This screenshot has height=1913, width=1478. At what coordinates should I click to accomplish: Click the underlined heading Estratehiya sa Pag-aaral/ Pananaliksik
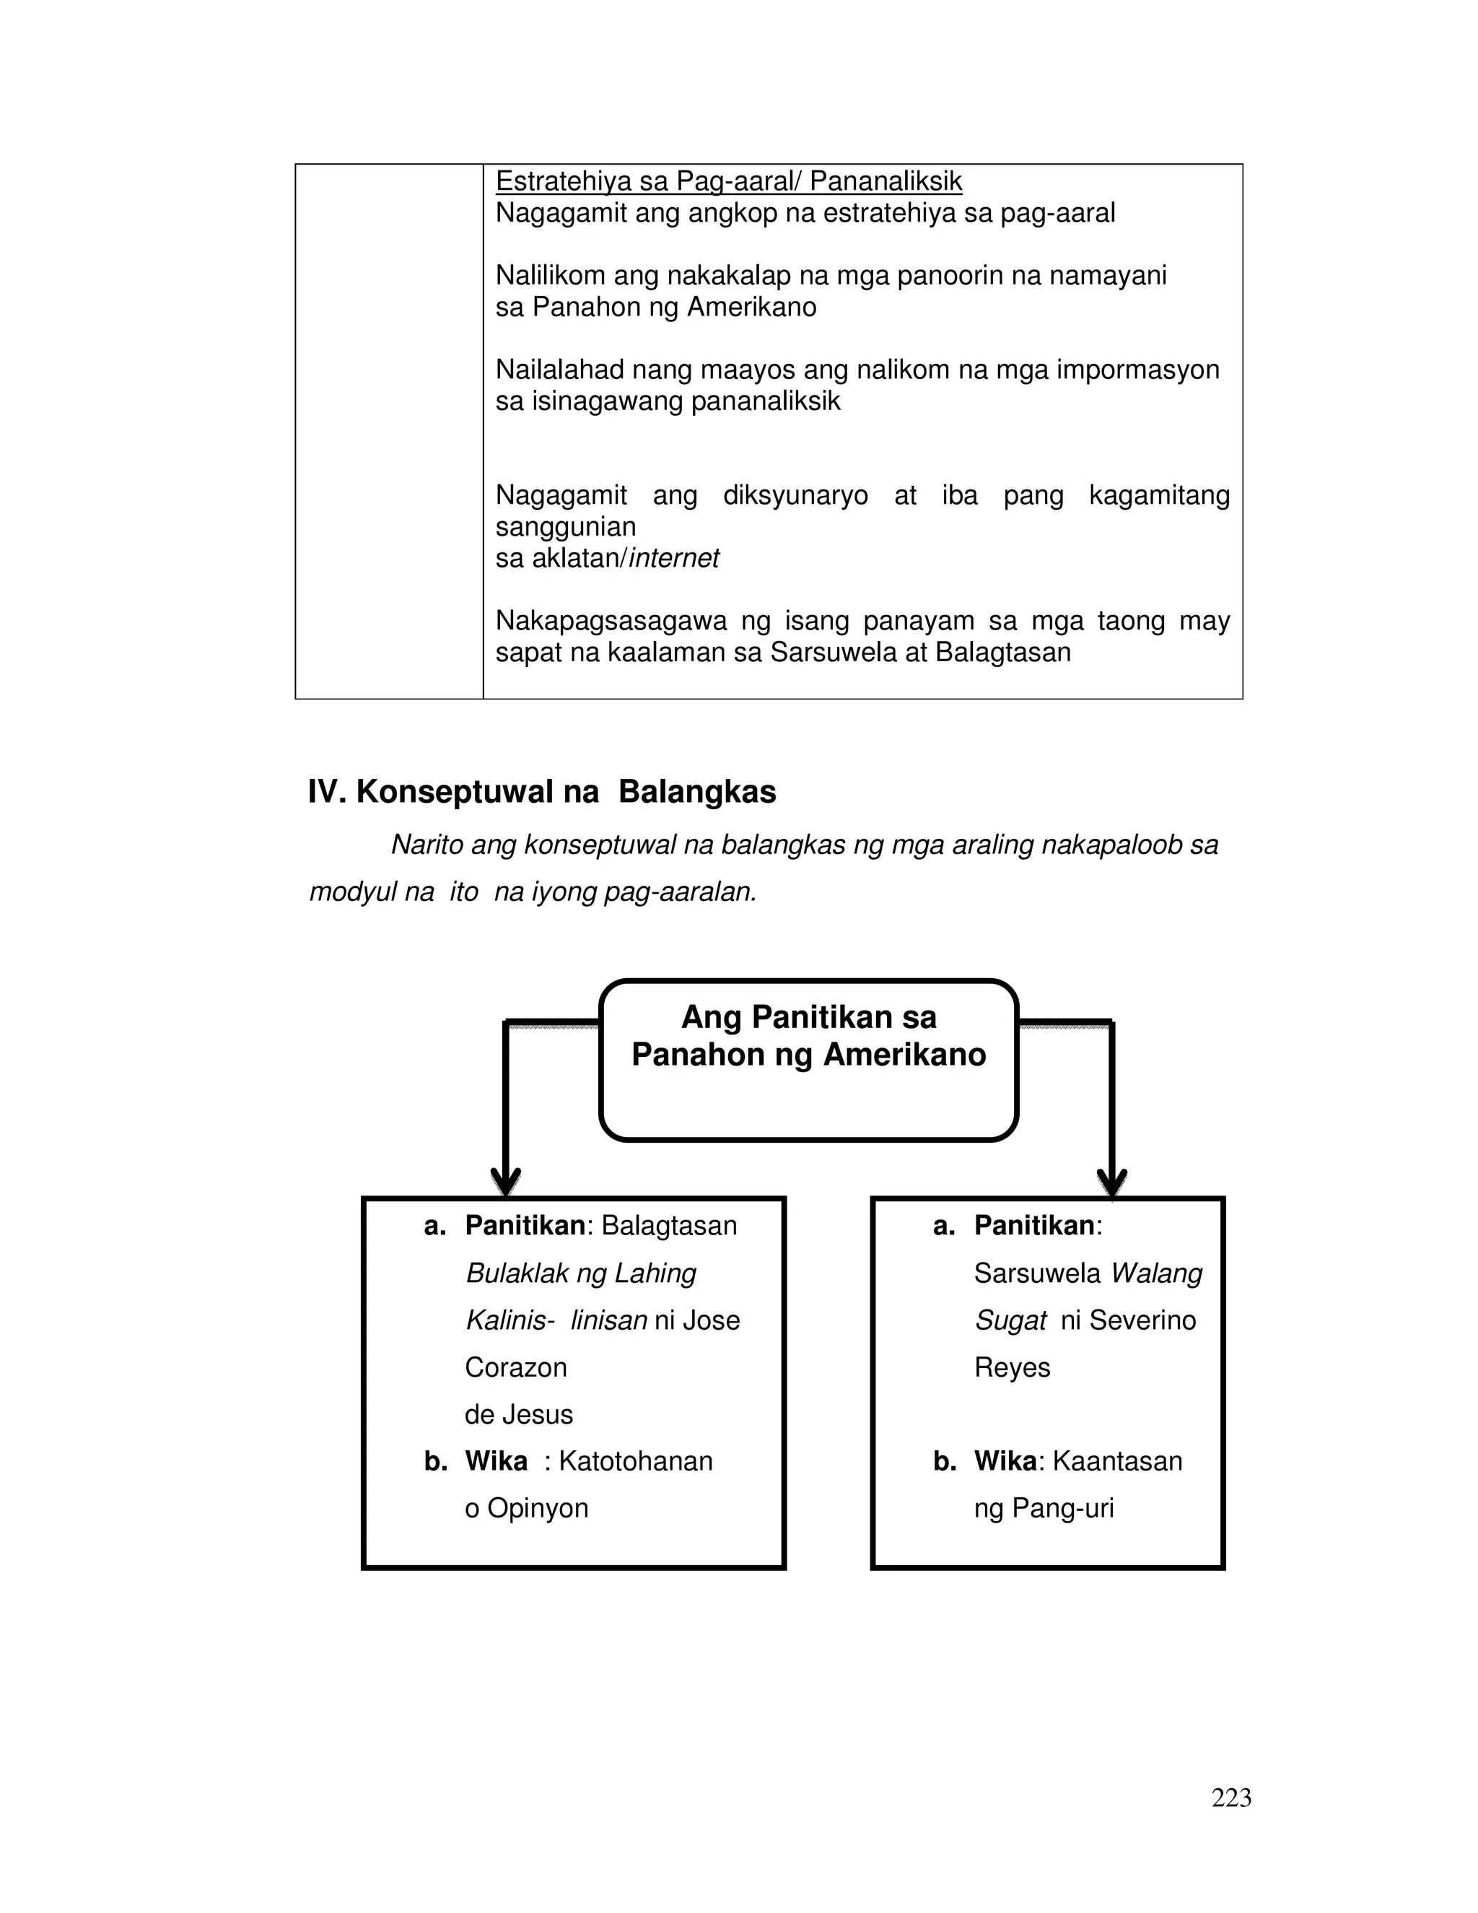click(x=728, y=181)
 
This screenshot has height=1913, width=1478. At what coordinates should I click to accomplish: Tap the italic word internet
click(x=673, y=558)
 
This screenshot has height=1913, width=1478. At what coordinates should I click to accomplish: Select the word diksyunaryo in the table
click(x=795, y=496)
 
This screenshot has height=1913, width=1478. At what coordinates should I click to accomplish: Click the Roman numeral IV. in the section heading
click(x=328, y=792)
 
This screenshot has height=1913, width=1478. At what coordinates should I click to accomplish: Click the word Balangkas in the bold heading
click(x=697, y=792)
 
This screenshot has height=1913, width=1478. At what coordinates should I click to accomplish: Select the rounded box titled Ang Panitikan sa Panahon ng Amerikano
click(x=808, y=1060)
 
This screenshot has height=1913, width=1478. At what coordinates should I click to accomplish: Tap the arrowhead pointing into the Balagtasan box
click(x=505, y=1182)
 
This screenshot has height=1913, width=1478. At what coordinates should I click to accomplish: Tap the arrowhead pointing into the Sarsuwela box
click(x=1112, y=1182)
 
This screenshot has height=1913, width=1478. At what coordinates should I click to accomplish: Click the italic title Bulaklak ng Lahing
click(x=580, y=1273)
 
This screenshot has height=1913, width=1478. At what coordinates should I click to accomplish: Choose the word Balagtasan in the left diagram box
click(x=669, y=1226)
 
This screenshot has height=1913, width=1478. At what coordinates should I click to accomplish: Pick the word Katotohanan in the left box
click(x=636, y=1461)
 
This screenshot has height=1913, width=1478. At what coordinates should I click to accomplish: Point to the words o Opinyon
click(x=526, y=1508)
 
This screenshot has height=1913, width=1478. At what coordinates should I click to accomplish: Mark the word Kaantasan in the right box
click(x=1117, y=1461)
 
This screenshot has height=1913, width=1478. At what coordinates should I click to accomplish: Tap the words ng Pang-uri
click(x=1044, y=1508)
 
